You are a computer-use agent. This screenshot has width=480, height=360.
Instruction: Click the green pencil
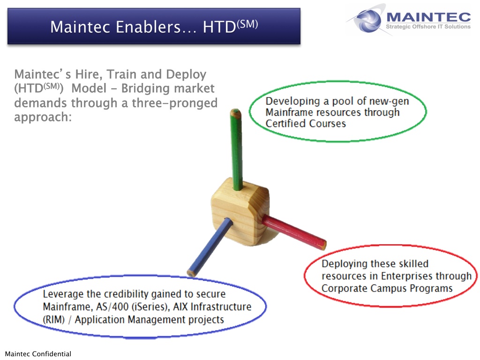236,150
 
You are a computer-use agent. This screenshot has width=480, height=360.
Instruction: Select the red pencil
294,232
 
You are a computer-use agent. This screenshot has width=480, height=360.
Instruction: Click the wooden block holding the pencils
240,212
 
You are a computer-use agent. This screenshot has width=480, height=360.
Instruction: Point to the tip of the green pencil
235,110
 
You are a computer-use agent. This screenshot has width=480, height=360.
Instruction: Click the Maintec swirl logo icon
367,20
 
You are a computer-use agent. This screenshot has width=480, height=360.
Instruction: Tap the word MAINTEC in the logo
428,17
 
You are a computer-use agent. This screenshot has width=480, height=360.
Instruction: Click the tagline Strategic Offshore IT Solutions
428,27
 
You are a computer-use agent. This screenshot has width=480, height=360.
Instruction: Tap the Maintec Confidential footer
38,354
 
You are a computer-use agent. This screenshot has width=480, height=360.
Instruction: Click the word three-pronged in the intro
175,103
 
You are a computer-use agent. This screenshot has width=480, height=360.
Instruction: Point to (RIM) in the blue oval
54,320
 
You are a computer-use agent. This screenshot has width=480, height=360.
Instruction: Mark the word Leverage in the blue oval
63,294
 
